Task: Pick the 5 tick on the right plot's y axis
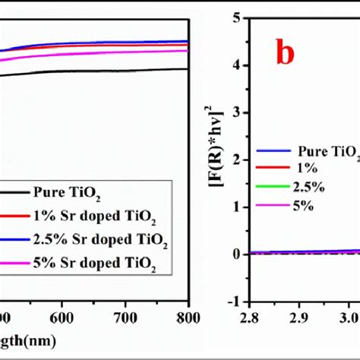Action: coord(237,17)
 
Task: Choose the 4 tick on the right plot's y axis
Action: coord(237,65)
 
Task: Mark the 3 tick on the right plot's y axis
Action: coord(237,112)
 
